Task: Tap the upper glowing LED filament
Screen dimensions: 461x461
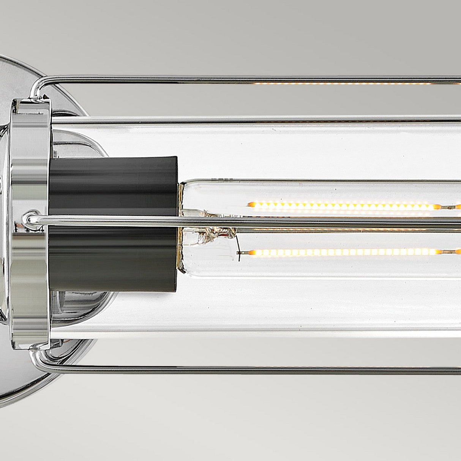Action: point(342,206)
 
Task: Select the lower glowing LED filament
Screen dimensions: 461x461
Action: point(342,252)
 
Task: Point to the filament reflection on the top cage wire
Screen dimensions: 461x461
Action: point(342,83)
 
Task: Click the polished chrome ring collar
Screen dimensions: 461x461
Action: point(30,220)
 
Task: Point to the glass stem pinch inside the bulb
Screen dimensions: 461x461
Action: point(213,232)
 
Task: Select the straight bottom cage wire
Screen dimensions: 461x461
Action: point(266,368)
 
